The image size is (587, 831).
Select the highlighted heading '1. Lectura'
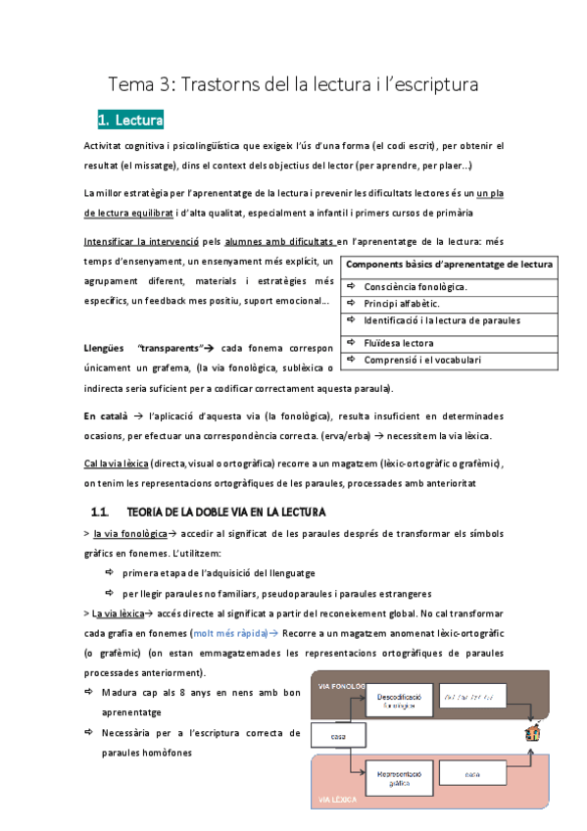130,121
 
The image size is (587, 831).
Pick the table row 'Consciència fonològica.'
416,286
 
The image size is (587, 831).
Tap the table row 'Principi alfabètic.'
402,304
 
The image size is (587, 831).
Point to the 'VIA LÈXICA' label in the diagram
338,801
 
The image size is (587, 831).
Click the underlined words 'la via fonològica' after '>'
129,535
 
